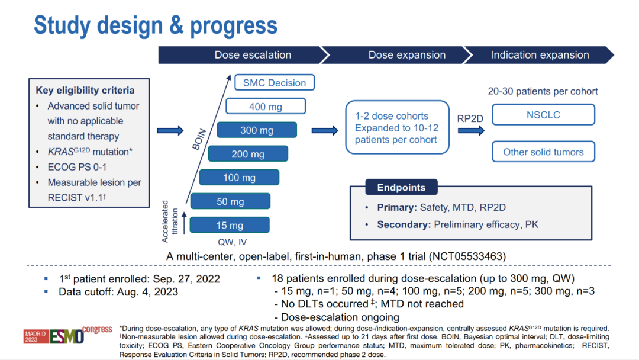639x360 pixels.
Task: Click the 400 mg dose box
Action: (266, 107)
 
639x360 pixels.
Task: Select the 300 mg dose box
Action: (257, 130)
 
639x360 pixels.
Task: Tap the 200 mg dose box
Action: (248, 154)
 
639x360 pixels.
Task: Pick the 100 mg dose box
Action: (239, 178)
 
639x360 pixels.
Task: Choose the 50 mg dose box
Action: (230, 201)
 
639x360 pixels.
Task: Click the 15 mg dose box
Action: (230, 225)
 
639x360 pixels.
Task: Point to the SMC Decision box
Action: (275, 83)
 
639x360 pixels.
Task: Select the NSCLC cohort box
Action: (543, 115)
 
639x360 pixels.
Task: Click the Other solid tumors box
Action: (543, 152)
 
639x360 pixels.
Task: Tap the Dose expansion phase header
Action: (406, 55)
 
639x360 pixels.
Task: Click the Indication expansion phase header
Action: (540, 55)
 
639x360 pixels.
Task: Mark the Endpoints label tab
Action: (401, 188)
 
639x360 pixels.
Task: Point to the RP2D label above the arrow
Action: (470, 118)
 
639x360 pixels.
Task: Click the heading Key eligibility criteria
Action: (85, 91)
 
